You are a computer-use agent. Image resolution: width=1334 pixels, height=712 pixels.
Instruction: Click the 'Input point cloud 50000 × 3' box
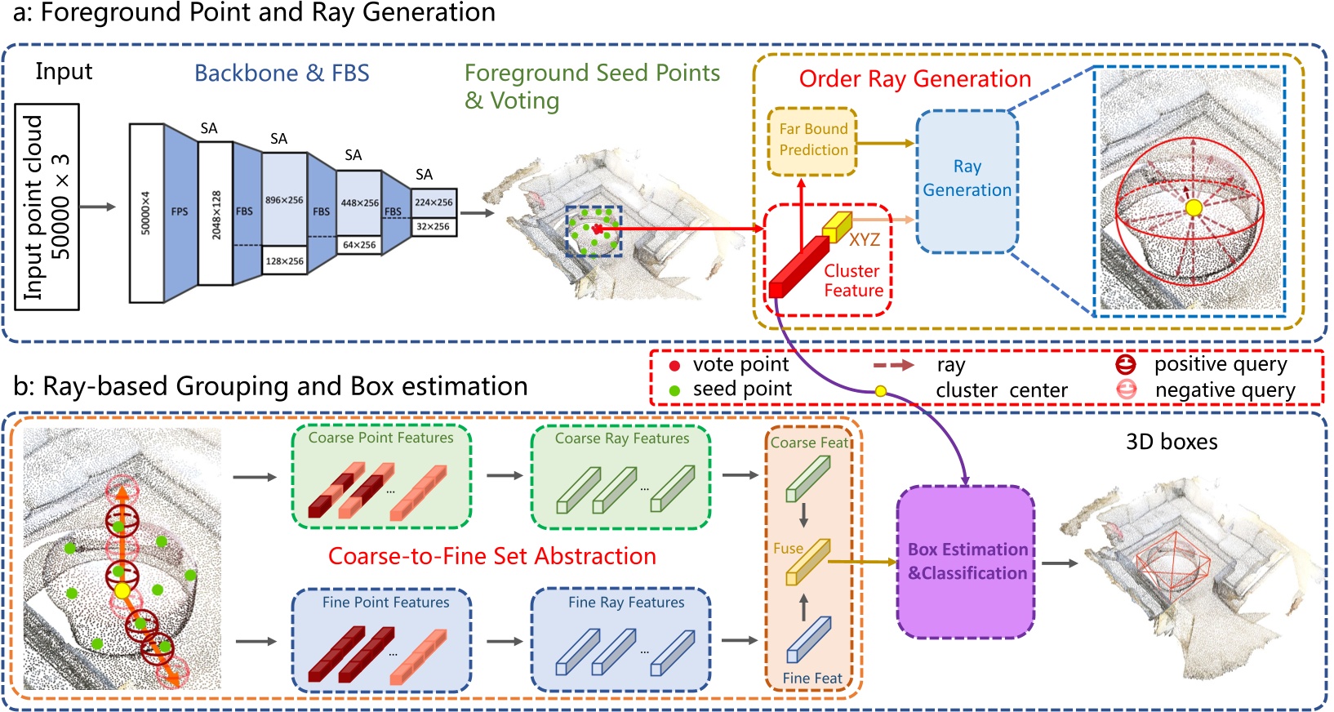pyautogui.click(x=47, y=207)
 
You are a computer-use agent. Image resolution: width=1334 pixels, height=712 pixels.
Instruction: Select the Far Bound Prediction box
pyautogui.click(x=812, y=140)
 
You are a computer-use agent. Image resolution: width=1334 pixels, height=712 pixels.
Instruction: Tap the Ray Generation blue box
pyautogui.click(x=967, y=180)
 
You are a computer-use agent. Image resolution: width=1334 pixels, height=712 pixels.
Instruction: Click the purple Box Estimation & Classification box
pyautogui.click(x=967, y=562)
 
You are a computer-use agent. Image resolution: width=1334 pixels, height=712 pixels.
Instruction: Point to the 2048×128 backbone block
pyautogui.click(x=216, y=214)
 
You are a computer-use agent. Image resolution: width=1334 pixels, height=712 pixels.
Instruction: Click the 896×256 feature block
pyautogui.click(x=284, y=199)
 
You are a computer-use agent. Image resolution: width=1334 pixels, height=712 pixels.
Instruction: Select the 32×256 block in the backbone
pyautogui.click(x=433, y=226)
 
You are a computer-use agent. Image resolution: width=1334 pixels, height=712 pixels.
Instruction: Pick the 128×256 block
pyautogui.click(x=284, y=260)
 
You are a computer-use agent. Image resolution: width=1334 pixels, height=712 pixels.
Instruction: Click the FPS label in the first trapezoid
pyautogui.click(x=180, y=211)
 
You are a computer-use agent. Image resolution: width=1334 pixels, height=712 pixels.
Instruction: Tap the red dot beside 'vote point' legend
pyautogui.click(x=674, y=366)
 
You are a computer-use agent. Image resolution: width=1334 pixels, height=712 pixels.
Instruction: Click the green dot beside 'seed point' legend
pyautogui.click(x=674, y=390)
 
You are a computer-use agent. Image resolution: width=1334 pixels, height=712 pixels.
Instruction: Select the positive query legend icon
pyautogui.click(x=1126, y=364)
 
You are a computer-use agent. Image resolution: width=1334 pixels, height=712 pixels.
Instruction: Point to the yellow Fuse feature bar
pyautogui.click(x=807, y=562)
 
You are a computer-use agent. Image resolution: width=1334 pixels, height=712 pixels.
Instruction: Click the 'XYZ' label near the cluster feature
pyautogui.click(x=864, y=240)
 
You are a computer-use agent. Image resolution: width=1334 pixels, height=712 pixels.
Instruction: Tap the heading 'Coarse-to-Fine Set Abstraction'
pyautogui.click(x=491, y=556)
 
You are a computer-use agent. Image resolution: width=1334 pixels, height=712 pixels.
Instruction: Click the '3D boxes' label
pyautogui.click(x=1171, y=442)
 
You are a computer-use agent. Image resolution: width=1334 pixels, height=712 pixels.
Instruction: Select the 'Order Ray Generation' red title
pyautogui.click(x=914, y=79)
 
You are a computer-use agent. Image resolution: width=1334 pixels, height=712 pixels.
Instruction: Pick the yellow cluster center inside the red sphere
pyautogui.click(x=1194, y=208)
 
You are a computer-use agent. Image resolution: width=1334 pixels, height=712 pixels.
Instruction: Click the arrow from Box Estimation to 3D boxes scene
pyautogui.click(x=1060, y=563)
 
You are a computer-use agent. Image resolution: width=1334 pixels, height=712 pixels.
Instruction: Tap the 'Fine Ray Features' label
pyautogui.click(x=626, y=603)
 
